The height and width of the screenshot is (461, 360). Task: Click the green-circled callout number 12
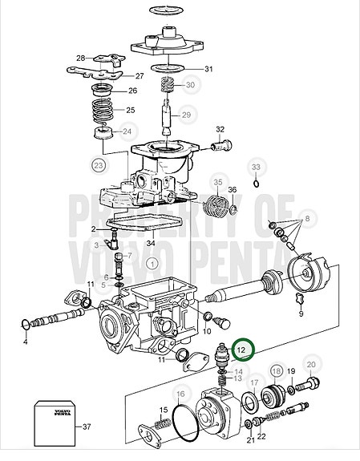(x=241, y=350)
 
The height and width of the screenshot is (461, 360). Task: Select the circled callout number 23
(x=99, y=166)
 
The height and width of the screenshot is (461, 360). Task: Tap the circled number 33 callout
(x=256, y=167)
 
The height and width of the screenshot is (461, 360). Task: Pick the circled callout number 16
(x=180, y=394)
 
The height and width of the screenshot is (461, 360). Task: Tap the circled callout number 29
(x=186, y=115)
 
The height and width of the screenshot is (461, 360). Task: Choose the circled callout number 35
(x=217, y=184)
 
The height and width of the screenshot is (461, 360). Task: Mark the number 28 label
(x=80, y=59)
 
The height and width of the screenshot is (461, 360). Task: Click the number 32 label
(x=220, y=130)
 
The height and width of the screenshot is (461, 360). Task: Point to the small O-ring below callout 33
(x=256, y=183)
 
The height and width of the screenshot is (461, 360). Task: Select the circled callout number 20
(x=311, y=364)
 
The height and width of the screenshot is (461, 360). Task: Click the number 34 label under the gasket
(x=149, y=243)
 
